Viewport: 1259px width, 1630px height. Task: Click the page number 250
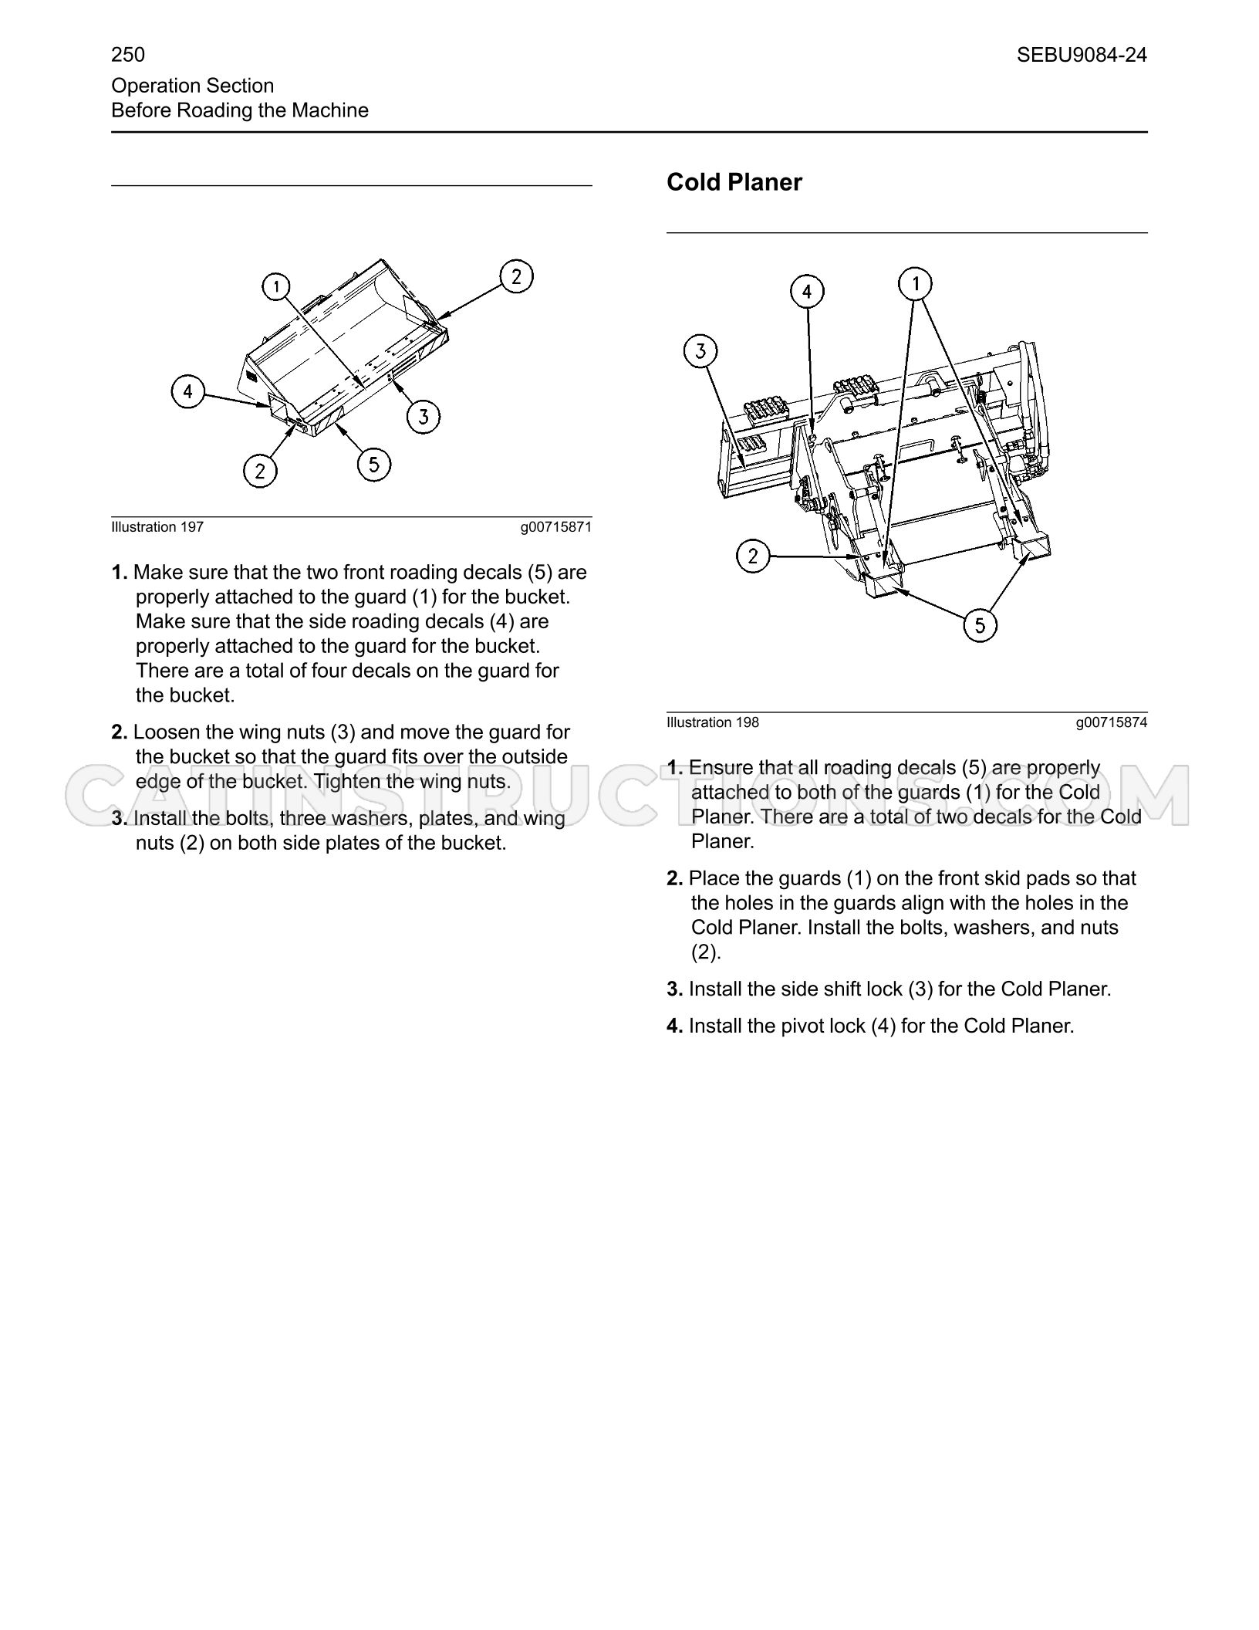pos(128,55)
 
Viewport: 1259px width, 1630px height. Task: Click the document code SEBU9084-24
pos(1082,55)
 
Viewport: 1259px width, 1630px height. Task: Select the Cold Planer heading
pos(734,182)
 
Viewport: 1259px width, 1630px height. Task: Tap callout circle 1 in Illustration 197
pos(275,287)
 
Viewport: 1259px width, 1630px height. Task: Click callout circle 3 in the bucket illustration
pos(424,417)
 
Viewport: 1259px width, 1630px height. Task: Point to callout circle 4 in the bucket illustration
pos(188,392)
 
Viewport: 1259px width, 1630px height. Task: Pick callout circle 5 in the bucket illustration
pos(374,464)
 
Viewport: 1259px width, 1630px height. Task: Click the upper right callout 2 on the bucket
pos(516,276)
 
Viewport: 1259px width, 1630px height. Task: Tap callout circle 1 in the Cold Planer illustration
pos(916,283)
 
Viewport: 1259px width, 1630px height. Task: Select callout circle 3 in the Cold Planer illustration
pos(700,351)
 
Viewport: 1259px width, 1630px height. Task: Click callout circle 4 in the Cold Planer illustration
pos(808,292)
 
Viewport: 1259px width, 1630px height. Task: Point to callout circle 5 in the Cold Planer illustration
pos(981,624)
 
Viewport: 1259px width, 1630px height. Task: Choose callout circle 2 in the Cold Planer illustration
pos(754,556)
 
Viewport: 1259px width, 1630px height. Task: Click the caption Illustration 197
pos(157,527)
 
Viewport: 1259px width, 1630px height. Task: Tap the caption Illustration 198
pos(713,722)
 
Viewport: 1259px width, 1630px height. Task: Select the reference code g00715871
pos(556,527)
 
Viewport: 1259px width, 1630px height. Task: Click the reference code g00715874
pos(1112,722)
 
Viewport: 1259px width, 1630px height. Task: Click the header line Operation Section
pos(193,86)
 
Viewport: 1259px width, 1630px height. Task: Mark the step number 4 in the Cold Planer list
pos(674,1026)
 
